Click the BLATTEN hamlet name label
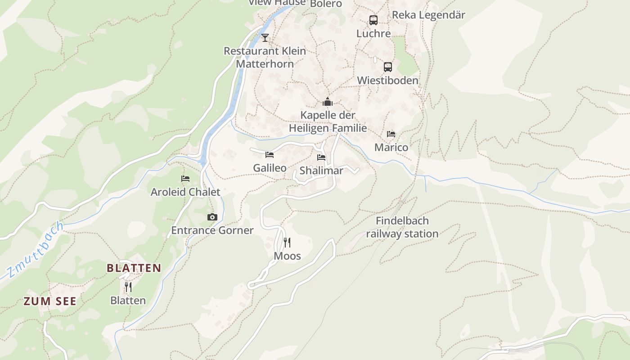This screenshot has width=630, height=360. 134,268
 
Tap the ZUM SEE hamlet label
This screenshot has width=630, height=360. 50,301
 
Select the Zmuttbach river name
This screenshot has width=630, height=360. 36,250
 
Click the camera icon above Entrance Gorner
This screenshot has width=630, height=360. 212,217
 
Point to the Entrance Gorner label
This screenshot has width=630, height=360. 212,230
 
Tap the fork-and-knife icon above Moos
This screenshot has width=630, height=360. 287,243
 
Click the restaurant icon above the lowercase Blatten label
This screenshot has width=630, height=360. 128,287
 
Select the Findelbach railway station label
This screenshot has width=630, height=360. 402,227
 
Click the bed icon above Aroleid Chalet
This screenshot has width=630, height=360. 185,179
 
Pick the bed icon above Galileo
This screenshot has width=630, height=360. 270,155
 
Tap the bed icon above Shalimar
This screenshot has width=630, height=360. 321,157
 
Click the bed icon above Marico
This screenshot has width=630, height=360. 391,134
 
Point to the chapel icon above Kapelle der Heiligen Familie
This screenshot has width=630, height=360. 328,102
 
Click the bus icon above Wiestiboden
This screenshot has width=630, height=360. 388,67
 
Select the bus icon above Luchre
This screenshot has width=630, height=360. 373,20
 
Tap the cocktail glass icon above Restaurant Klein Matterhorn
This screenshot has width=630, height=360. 265,37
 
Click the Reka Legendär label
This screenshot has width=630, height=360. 428,15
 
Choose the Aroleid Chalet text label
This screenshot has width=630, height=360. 185,192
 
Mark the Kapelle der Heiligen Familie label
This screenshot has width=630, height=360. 328,121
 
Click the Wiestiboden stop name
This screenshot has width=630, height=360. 387,81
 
